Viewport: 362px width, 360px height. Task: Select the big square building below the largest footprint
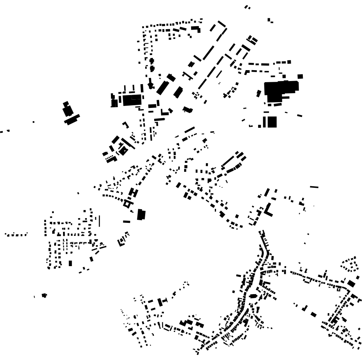(x=272, y=122)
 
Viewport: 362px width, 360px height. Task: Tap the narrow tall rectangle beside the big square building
(x=264, y=122)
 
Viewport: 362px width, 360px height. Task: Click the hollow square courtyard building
(x=127, y=203)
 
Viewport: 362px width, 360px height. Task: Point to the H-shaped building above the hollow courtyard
(x=133, y=192)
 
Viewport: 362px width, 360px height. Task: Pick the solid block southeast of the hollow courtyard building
(x=141, y=214)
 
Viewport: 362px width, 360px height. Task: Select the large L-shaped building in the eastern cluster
(x=269, y=210)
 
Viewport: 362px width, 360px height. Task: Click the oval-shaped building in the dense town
(x=253, y=296)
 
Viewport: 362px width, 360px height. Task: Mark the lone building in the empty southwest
(x=44, y=295)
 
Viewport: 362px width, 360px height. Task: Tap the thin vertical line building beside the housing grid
(x=99, y=221)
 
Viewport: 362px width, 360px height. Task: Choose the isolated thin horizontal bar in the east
(x=314, y=187)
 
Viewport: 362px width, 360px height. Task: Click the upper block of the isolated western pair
(x=67, y=110)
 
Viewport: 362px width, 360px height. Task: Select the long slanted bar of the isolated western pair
(x=72, y=119)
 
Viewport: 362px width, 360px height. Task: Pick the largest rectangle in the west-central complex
(x=132, y=100)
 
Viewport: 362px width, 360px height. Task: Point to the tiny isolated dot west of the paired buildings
(x=33, y=122)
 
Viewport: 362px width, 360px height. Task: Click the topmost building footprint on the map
(x=247, y=7)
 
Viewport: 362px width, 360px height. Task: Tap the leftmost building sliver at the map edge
(x=2, y=132)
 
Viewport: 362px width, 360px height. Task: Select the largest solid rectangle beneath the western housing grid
(x=70, y=263)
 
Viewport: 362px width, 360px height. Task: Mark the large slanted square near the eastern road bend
(x=351, y=283)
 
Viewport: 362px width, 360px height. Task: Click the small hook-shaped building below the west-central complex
(x=126, y=125)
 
